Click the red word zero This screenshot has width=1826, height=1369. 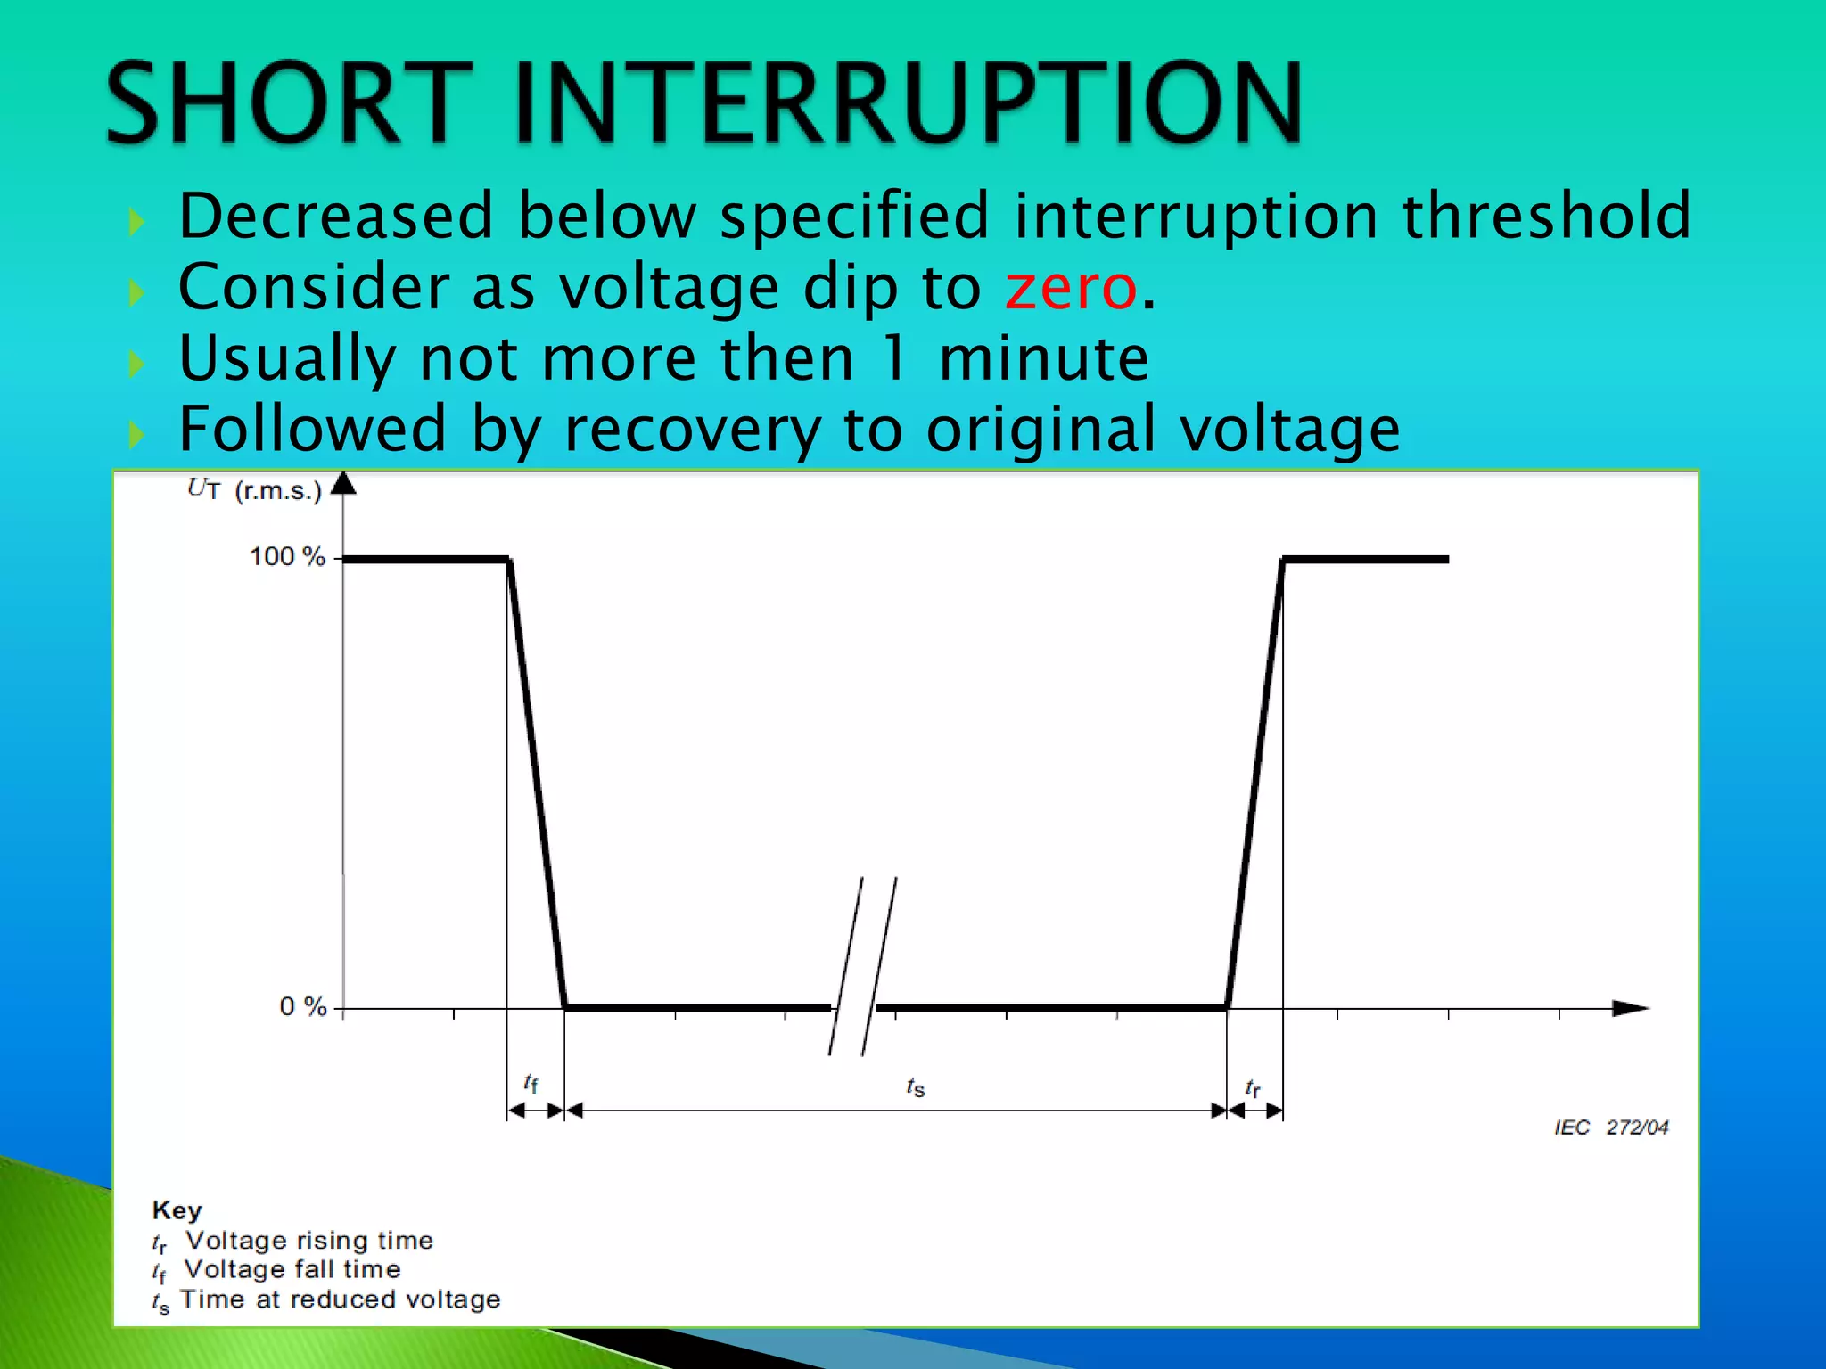coord(1070,289)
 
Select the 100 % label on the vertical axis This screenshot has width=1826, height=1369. coord(286,557)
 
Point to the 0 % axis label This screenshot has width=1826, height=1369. coord(303,1007)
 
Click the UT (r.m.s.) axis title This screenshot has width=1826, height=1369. coord(254,489)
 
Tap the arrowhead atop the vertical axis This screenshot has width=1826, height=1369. coord(343,484)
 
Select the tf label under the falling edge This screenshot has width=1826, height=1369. coord(531,1083)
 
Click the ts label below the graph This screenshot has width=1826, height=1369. coord(916,1086)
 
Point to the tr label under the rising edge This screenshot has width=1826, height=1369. coord(1253,1087)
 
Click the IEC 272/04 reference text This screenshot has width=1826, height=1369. coord(1610,1127)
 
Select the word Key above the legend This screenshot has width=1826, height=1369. coord(177,1210)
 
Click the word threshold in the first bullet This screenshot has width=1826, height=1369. coord(1546,216)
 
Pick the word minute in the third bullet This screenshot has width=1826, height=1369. coord(1043,358)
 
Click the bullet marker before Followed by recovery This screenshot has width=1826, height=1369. coord(136,435)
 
